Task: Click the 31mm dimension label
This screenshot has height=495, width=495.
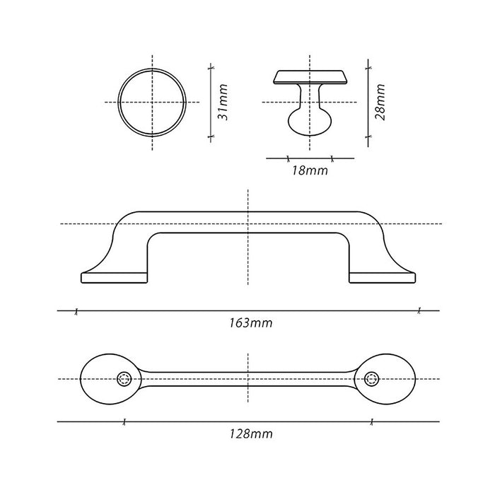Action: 223,102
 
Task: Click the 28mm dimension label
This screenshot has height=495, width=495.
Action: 380,102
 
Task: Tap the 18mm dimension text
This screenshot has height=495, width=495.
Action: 310,171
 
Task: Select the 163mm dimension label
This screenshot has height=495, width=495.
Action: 250,323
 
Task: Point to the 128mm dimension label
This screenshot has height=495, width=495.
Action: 250,433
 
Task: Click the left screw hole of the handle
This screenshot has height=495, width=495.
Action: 124,379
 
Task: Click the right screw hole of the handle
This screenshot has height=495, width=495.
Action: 371,379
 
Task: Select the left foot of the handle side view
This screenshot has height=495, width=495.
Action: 115,277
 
